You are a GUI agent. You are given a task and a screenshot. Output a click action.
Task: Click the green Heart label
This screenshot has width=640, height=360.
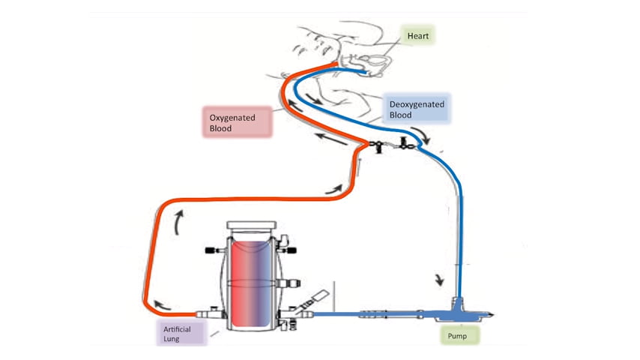point(417,35)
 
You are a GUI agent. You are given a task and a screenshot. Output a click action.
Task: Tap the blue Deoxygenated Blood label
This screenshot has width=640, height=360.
point(415,109)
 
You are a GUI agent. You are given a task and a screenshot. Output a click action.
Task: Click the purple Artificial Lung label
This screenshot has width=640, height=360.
point(178,332)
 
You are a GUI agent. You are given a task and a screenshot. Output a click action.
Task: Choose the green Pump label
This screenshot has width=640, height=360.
point(457,335)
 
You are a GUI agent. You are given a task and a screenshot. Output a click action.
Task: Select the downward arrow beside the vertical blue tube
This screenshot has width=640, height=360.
point(440,282)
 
